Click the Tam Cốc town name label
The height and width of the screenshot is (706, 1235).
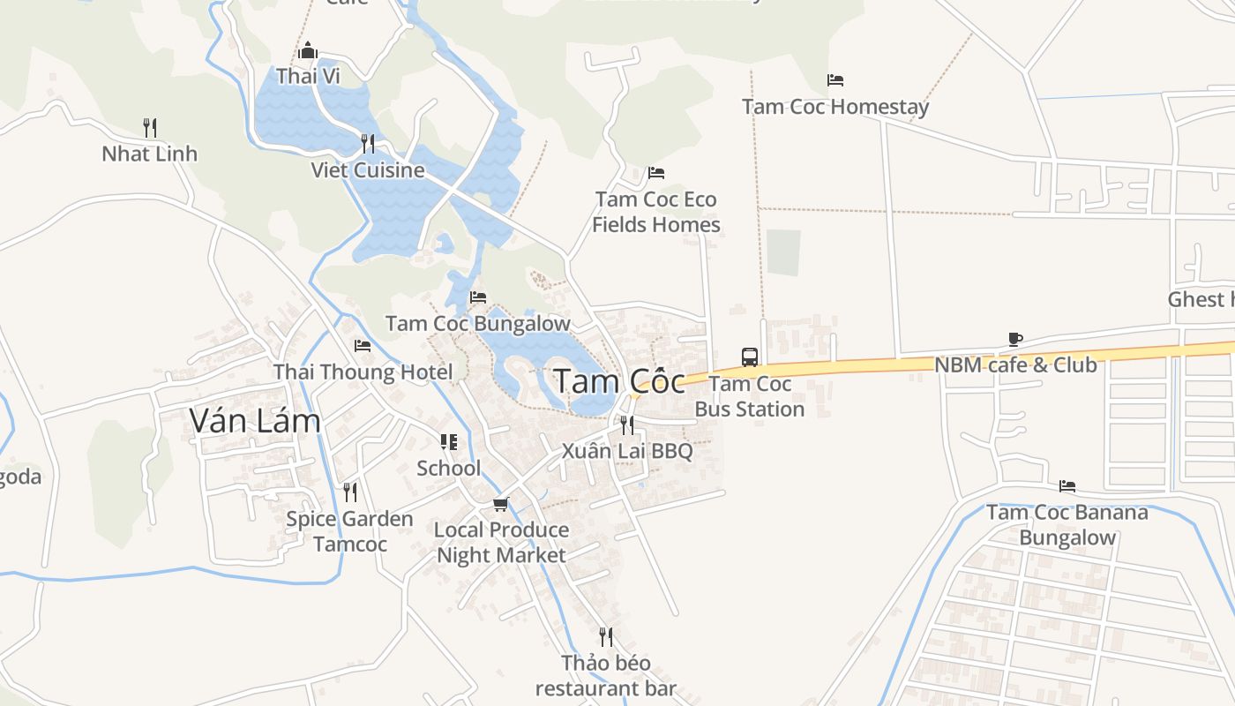click(x=619, y=381)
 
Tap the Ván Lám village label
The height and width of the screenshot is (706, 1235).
click(x=255, y=421)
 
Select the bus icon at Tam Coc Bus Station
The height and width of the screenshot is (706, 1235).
click(x=750, y=357)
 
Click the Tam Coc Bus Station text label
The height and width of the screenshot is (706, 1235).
click(x=750, y=396)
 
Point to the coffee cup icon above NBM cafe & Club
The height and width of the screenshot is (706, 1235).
click(x=1014, y=339)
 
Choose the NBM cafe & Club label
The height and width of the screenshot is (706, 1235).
click(x=1015, y=364)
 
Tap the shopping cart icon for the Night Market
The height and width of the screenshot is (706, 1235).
click(x=500, y=504)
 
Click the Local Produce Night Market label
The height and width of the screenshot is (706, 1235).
click(x=501, y=542)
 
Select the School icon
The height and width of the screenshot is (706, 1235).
click(x=449, y=441)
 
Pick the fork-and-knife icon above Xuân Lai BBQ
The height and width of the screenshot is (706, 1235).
click(x=626, y=424)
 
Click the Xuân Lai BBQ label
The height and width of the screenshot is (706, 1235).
click(x=627, y=451)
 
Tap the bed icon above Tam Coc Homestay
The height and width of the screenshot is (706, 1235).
click(x=835, y=80)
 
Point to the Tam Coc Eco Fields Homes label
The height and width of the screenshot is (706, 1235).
click(x=656, y=212)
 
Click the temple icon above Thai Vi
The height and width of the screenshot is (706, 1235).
click(x=308, y=50)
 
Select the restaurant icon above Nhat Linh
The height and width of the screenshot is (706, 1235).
click(x=150, y=128)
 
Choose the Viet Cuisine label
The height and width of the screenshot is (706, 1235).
click(x=368, y=170)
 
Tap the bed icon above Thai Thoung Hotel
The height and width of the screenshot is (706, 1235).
click(x=362, y=345)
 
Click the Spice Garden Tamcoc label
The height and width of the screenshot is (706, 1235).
click(x=349, y=531)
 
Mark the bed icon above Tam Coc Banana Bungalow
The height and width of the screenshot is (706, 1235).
click(x=1067, y=486)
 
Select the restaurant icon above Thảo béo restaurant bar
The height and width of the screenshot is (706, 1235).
click(x=606, y=636)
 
